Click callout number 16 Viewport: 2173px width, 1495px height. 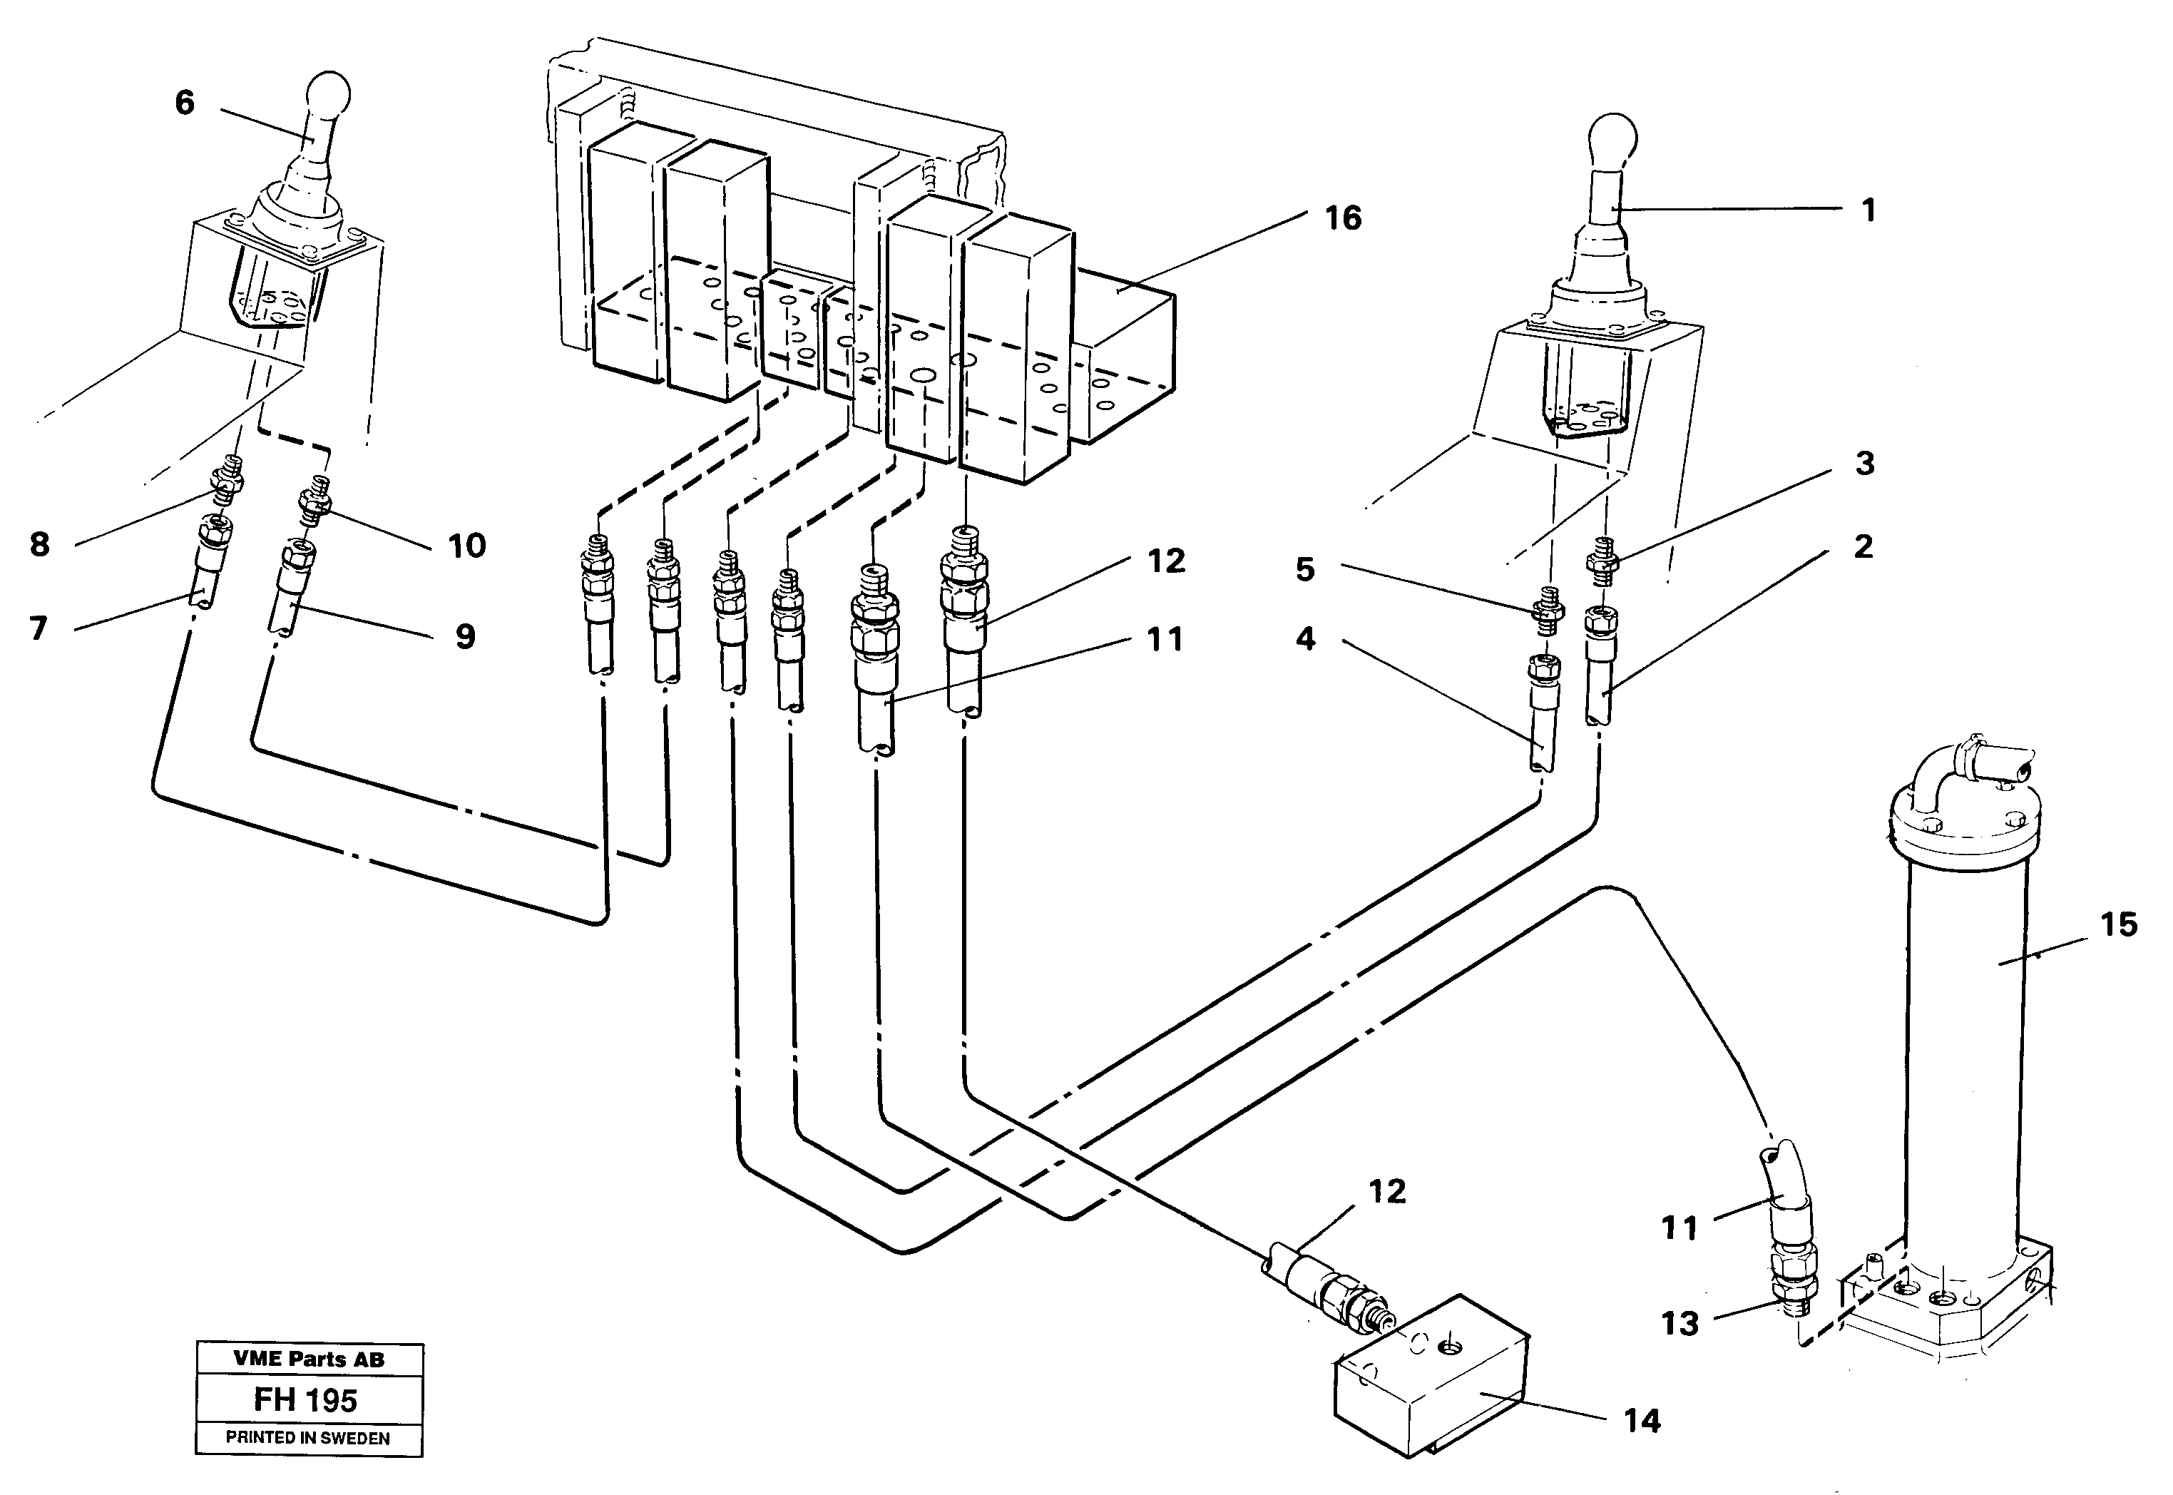(x=1342, y=218)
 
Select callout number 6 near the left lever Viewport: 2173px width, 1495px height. (x=185, y=103)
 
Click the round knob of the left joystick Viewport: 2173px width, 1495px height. (x=329, y=93)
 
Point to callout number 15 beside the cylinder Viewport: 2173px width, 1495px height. (x=2119, y=926)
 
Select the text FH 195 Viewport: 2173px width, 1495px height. (x=306, y=1400)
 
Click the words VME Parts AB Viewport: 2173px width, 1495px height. (x=308, y=1359)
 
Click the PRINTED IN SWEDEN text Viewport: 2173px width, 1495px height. (x=308, y=1438)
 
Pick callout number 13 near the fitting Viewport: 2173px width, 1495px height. (x=1679, y=1324)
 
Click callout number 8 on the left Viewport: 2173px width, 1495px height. (x=39, y=544)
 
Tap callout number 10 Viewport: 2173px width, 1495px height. (x=466, y=546)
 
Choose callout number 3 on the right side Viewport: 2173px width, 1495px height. (x=1864, y=463)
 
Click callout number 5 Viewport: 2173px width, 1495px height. (x=1305, y=569)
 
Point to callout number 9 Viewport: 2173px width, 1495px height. (x=464, y=637)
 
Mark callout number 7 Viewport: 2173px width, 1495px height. (x=39, y=628)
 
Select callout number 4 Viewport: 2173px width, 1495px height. (x=1305, y=640)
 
